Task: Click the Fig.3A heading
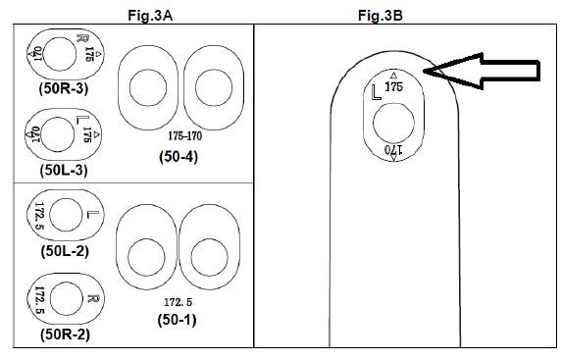point(150,16)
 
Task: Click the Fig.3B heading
point(381,16)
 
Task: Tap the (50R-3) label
point(64,88)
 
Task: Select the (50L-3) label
point(64,170)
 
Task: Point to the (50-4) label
point(179,157)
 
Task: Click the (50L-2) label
point(65,251)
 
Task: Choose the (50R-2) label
point(65,334)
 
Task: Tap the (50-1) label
point(178,320)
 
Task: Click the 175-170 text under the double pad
point(185,136)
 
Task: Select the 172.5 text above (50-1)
point(179,302)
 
